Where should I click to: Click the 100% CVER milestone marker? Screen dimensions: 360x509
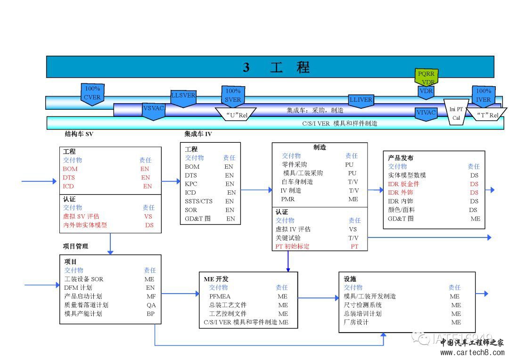(x=92, y=93)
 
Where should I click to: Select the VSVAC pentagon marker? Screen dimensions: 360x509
(x=154, y=110)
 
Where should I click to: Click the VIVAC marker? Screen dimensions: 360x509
(x=426, y=113)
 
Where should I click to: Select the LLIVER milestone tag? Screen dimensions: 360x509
(x=361, y=100)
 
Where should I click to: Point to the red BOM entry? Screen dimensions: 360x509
(x=70, y=169)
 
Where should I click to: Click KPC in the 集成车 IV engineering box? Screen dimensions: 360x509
(x=191, y=184)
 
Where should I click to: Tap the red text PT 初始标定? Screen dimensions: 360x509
(x=293, y=246)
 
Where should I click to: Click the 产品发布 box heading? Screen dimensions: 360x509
(x=401, y=158)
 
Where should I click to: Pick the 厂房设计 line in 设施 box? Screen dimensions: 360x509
(x=356, y=322)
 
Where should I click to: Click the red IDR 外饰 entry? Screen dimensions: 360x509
(x=400, y=192)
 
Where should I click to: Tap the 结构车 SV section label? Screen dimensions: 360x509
(x=79, y=134)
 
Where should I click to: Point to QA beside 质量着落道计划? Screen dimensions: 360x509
(x=151, y=305)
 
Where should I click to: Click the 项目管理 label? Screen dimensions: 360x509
(x=75, y=246)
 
